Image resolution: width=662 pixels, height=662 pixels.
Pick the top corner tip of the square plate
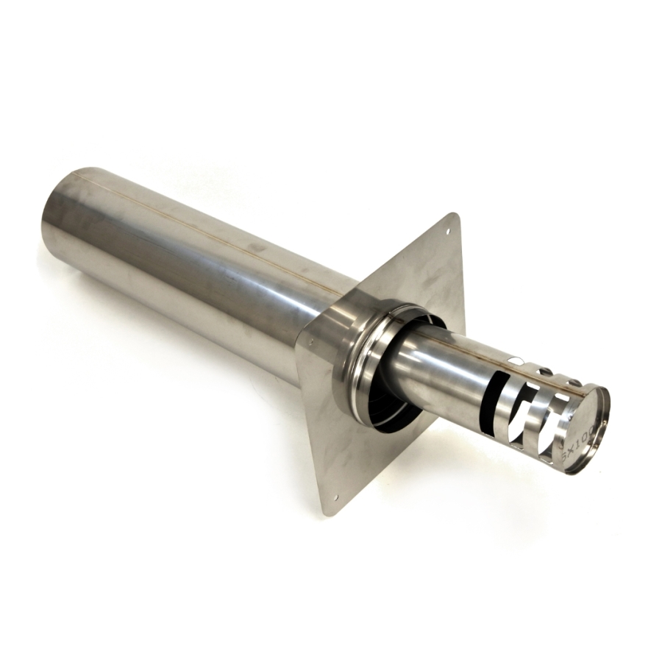pyautogui.click(x=456, y=216)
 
